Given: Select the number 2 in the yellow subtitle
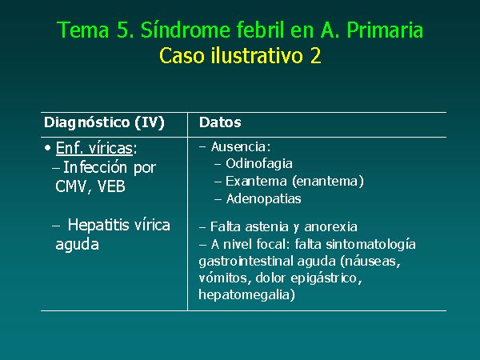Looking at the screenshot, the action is tap(315, 56).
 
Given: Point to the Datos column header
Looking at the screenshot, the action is tap(220, 122).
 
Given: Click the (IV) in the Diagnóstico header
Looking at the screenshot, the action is tap(150, 122).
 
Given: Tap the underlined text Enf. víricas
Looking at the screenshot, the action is tap(94, 148).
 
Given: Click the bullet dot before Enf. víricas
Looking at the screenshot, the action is tap(47, 148).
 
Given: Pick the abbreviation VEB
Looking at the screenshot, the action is tap(111, 186).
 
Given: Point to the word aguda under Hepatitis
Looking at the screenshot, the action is tap(77, 245).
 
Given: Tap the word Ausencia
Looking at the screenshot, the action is tap(241, 147).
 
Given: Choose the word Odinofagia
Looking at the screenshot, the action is tap(259, 164).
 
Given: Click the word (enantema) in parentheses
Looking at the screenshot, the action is tap(328, 182).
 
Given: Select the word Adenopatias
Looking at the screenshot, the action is tap(263, 198).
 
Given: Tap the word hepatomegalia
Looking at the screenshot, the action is tap(246, 294).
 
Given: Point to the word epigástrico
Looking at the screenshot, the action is tap(326, 278).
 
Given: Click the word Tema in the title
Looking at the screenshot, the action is tap(83, 30).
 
